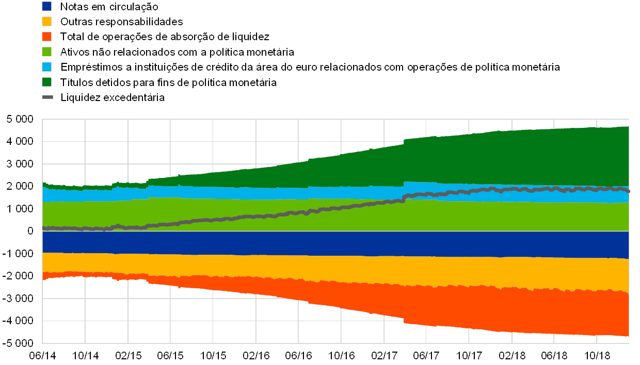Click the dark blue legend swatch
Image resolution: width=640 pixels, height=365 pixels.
(x=46, y=7)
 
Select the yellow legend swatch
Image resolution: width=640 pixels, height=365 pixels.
(x=46, y=22)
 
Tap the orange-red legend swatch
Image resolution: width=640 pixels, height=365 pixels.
(x=46, y=37)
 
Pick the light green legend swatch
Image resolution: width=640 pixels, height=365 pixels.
(x=46, y=52)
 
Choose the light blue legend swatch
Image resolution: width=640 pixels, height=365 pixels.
(x=46, y=67)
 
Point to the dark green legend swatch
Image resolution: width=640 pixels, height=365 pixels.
(x=46, y=82)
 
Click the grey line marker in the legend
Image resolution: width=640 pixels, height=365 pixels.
(x=46, y=97)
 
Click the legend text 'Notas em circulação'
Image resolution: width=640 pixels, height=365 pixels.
(x=109, y=7)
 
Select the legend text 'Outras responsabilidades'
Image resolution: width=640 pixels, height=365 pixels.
(x=121, y=22)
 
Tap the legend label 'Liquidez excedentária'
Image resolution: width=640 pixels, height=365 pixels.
(x=113, y=97)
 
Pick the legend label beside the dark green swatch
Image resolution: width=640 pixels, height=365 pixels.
(x=168, y=82)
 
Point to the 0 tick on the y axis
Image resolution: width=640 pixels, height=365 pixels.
(x=30, y=231)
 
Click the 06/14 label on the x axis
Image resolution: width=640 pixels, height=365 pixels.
(x=42, y=355)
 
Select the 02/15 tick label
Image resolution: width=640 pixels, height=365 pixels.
(x=127, y=355)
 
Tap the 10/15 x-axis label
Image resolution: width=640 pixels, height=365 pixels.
(x=213, y=355)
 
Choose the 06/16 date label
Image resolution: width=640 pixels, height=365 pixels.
(x=298, y=355)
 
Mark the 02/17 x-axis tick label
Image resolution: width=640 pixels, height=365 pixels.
(x=383, y=355)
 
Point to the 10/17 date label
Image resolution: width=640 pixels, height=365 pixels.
(x=469, y=355)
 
